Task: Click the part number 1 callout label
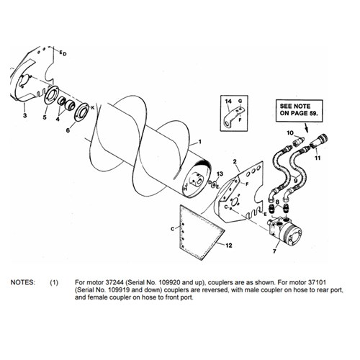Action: point(200,142)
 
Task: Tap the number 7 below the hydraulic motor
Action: point(274,251)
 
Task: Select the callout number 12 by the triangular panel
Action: point(229,246)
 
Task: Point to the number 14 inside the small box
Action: point(228,102)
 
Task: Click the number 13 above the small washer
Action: point(220,174)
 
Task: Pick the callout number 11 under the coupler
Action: point(318,158)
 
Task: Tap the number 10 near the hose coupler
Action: point(290,132)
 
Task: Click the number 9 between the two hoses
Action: point(295,179)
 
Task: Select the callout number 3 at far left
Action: point(25,115)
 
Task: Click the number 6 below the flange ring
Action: point(68,130)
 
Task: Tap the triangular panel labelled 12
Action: point(199,230)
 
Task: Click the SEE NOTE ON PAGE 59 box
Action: point(299,110)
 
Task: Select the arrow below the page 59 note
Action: point(306,127)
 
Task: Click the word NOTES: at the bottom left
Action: point(23,282)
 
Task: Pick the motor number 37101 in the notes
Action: point(317,282)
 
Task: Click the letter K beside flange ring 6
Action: point(93,108)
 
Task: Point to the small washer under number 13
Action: point(213,186)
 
